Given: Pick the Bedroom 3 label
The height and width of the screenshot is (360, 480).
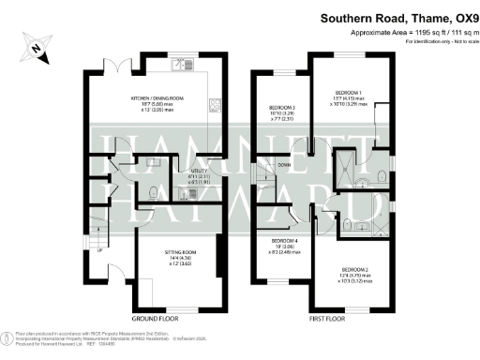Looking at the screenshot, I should [282, 112].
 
